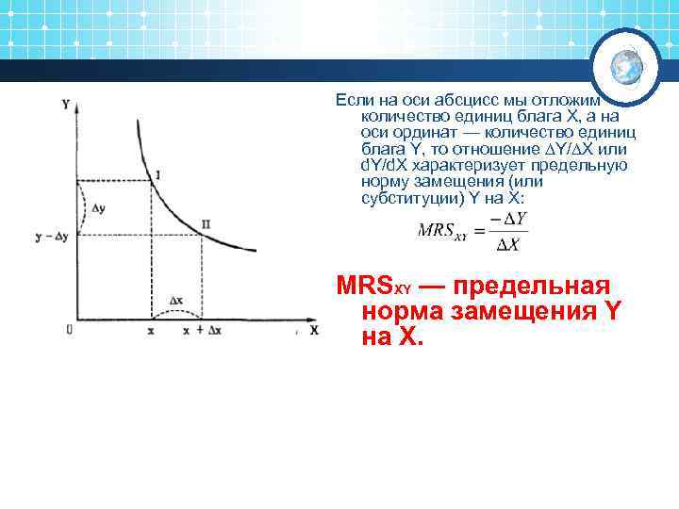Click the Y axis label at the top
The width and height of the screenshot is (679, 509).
click(65, 104)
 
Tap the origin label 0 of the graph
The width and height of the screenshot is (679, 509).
click(69, 329)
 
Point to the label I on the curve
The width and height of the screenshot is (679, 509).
click(157, 175)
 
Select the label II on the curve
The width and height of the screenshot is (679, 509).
click(206, 224)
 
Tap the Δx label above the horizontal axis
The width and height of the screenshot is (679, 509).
click(175, 301)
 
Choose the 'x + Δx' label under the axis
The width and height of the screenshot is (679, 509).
click(202, 331)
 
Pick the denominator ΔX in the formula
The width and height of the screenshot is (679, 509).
click(508, 245)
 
